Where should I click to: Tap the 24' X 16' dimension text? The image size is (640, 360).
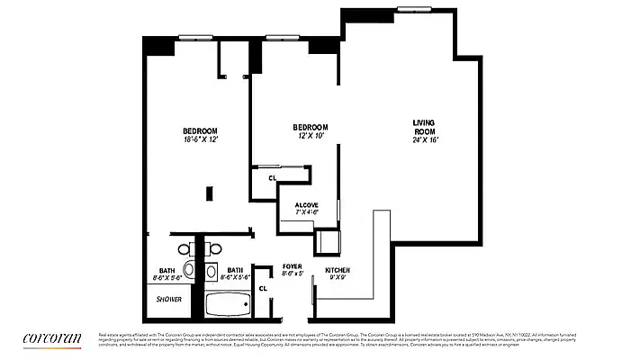point(423,139)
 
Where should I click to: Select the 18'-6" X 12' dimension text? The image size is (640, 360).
point(201,139)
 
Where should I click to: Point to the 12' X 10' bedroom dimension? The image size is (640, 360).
point(310,136)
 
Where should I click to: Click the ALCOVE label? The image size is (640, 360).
point(306,205)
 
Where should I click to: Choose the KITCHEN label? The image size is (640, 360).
point(337,270)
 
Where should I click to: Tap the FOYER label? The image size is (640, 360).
point(292,266)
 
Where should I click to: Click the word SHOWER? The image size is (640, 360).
point(169,299)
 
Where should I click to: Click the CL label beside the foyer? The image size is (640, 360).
point(263,288)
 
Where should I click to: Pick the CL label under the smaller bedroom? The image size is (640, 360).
point(272,178)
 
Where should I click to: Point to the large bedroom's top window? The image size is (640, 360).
point(195,37)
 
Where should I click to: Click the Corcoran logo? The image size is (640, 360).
point(52,337)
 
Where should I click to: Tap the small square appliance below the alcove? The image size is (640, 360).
point(328,242)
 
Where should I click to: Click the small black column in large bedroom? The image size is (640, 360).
point(209,193)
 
